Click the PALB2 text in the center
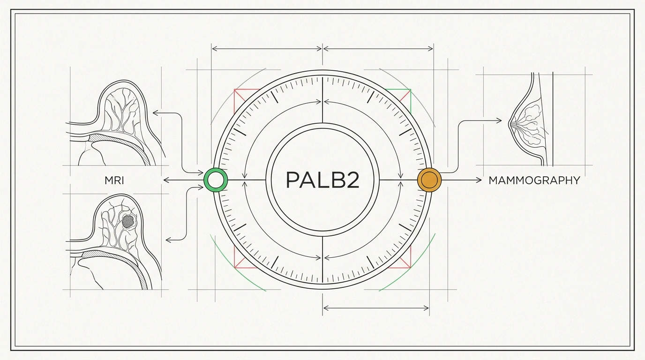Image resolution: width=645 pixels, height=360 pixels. (x=322, y=180)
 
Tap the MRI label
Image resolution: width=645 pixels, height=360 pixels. (x=114, y=180)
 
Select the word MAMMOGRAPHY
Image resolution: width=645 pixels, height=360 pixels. (x=534, y=180)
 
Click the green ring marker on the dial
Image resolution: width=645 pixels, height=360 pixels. (x=216, y=180)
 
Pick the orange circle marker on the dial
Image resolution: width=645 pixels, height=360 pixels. (x=429, y=180)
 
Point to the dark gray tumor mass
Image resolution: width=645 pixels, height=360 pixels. (x=127, y=221)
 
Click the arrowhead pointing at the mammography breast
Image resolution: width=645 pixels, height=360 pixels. (x=499, y=120)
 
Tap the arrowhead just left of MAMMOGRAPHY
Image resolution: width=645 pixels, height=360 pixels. (x=479, y=180)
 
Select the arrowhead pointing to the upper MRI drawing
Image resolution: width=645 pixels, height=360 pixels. (x=156, y=113)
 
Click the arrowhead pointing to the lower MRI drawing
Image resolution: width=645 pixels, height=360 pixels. (x=169, y=240)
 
